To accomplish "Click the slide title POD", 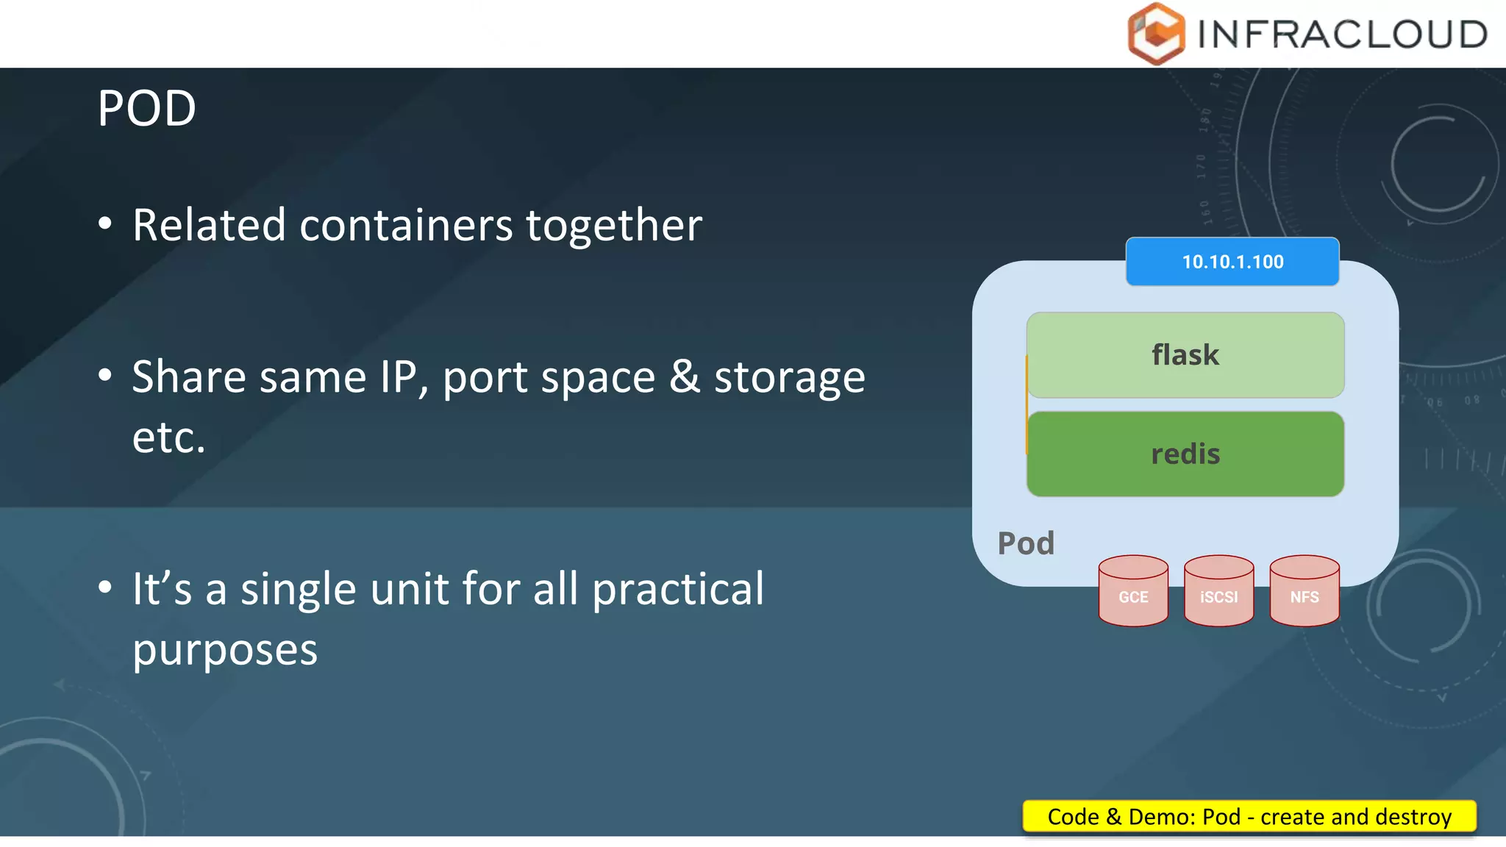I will (x=146, y=109).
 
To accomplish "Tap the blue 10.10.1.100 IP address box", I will (x=1232, y=262).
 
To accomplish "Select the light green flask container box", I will (x=1185, y=355).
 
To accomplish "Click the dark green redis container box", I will (x=1185, y=454).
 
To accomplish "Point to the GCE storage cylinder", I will (x=1133, y=592).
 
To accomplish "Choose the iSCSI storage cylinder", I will (x=1218, y=592).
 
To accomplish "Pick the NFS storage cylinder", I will (x=1304, y=592).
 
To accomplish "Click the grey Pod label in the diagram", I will (x=1026, y=543).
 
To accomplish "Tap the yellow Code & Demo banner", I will (x=1249, y=817).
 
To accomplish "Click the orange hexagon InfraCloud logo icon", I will (x=1156, y=34).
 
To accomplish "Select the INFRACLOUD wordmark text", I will (x=1342, y=35).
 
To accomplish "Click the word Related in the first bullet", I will (x=209, y=225).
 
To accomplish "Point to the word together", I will (x=614, y=225).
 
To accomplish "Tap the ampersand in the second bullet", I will (x=685, y=376).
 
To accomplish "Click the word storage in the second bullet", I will (x=790, y=378).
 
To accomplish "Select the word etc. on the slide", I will (x=168, y=437).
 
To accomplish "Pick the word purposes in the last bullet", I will (x=225, y=651).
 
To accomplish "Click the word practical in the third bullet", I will (x=678, y=590).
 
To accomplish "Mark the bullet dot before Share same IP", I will (x=105, y=376).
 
